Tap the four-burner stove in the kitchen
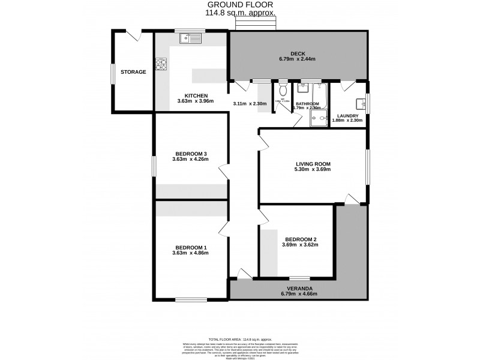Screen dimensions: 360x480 coord(161,64)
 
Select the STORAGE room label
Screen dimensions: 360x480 coord(133,72)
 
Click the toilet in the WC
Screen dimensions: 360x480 coord(283,90)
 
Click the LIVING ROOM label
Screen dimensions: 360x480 coord(313,163)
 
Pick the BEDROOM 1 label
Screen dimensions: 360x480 coord(191,247)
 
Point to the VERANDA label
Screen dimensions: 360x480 coord(298,288)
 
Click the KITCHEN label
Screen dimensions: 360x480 coord(196,95)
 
